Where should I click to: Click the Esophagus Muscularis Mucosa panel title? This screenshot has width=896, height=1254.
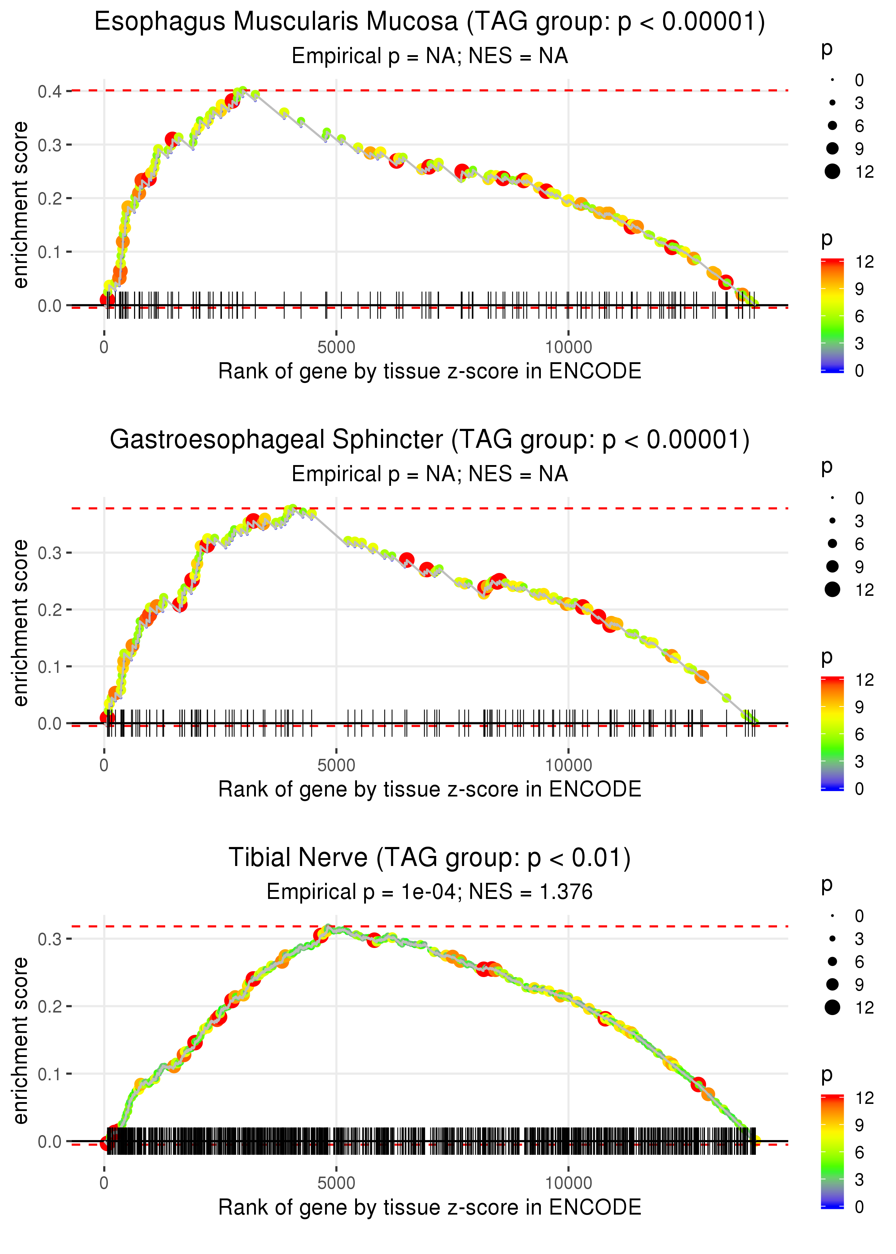(429, 22)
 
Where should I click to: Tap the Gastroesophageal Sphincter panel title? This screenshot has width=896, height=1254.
(429, 440)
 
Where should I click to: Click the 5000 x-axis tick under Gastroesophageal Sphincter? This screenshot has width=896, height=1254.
(336, 765)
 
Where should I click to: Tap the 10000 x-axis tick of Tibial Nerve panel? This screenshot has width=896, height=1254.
(568, 1183)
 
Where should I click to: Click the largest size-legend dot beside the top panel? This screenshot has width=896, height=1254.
(832, 172)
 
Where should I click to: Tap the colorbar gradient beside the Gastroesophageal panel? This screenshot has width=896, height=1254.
(832, 733)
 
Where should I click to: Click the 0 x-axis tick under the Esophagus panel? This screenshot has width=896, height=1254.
(104, 348)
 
